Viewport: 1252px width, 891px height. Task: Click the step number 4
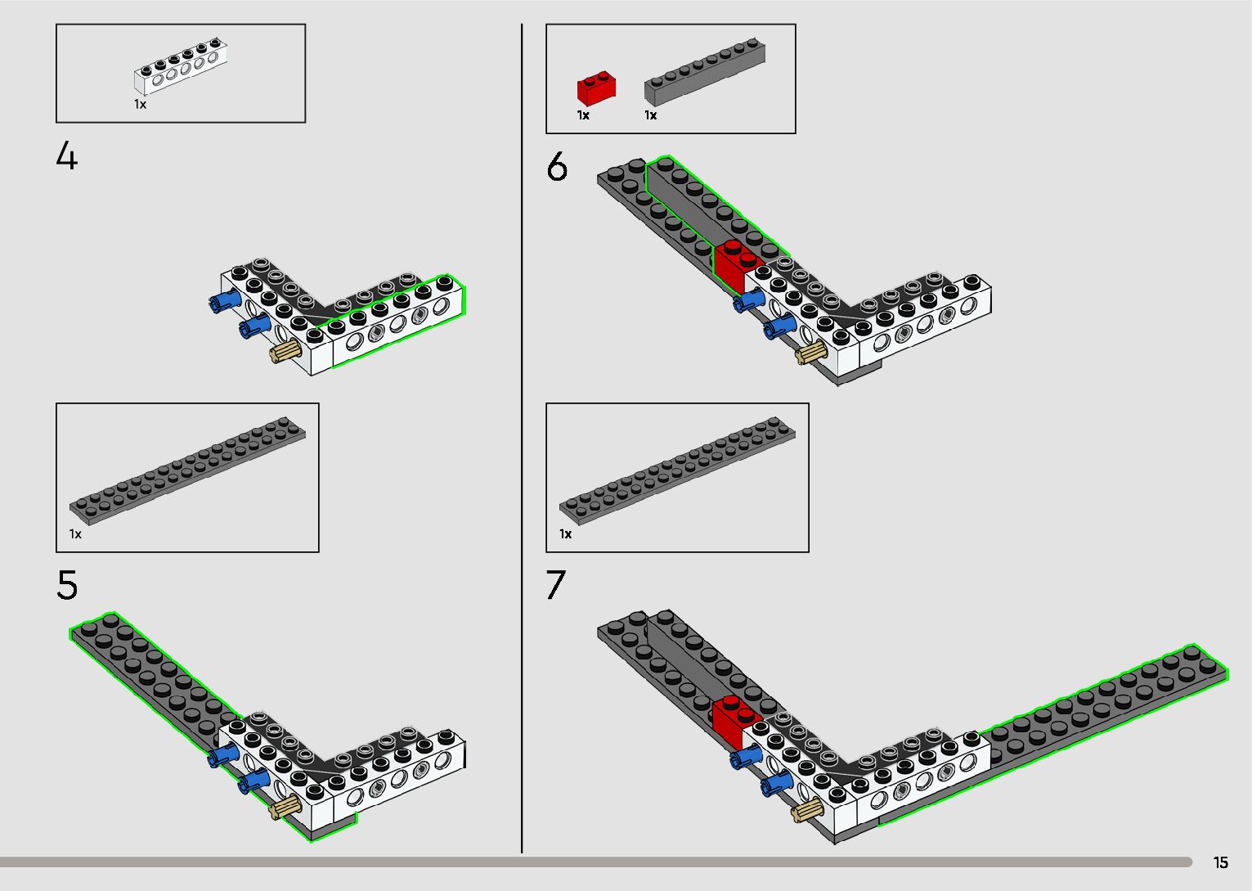pos(67,155)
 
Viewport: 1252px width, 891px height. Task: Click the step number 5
pos(67,585)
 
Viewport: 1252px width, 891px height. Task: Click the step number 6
pos(557,167)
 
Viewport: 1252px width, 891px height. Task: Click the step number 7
pos(556,585)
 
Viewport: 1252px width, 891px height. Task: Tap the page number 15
pos(1220,862)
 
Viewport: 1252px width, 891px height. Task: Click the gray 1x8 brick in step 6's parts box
pos(705,74)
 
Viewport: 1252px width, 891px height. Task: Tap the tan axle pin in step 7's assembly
pos(808,810)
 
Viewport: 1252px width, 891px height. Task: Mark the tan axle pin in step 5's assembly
pos(285,809)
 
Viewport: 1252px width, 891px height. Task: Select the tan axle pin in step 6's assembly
pos(810,353)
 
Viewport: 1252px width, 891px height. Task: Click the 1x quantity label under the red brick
pos(583,115)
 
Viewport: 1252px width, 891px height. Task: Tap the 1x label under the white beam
pos(141,105)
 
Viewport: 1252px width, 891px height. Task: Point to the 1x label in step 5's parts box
pos(75,534)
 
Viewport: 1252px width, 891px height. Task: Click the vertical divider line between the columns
pos(522,442)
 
